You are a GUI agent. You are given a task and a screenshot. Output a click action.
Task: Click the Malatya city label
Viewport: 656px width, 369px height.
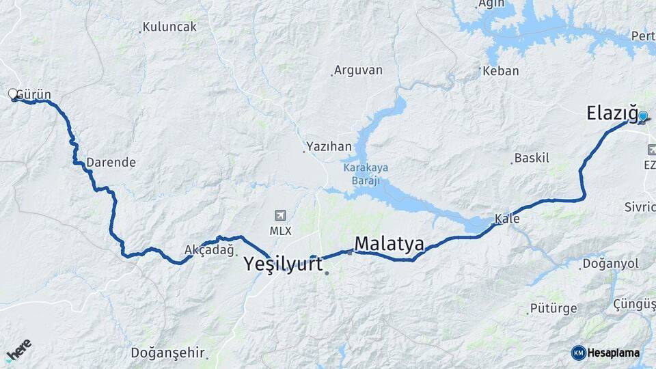pyautogui.click(x=389, y=243)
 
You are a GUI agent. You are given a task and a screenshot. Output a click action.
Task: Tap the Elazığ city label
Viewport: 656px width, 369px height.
pyautogui.click(x=612, y=113)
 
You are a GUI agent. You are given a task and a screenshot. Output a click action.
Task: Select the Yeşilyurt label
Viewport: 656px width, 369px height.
pyautogui.click(x=284, y=264)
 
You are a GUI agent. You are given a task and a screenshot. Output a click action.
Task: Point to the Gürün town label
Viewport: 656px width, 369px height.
pyautogui.click(x=33, y=94)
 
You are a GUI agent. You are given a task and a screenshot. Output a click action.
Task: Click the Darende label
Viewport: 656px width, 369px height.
pyautogui.click(x=111, y=163)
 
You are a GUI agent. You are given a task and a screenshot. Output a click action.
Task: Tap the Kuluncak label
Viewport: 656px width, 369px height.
pyautogui.click(x=170, y=27)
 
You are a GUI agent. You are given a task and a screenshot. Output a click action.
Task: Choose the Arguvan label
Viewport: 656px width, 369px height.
pyautogui.click(x=359, y=70)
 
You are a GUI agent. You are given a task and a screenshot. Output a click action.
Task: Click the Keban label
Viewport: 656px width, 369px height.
pyautogui.click(x=501, y=70)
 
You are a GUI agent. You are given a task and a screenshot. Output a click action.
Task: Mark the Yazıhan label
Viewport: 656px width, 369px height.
pyautogui.click(x=329, y=146)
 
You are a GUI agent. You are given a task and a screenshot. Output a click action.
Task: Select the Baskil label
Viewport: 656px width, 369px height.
pyautogui.click(x=532, y=158)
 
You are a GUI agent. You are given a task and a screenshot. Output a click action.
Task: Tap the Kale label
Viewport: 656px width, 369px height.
pyautogui.click(x=507, y=219)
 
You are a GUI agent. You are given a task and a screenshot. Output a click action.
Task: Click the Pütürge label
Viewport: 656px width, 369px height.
pyautogui.click(x=553, y=308)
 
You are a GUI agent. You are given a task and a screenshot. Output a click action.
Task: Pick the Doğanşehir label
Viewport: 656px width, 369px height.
pyautogui.click(x=168, y=353)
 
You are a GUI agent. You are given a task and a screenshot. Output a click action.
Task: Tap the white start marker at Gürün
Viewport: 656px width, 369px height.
pyautogui.click(x=12, y=94)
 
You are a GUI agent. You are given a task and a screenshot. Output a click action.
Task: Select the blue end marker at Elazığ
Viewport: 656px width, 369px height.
pyautogui.click(x=642, y=116)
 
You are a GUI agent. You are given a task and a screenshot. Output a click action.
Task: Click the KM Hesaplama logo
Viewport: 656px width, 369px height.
pyautogui.click(x=605, y=353)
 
